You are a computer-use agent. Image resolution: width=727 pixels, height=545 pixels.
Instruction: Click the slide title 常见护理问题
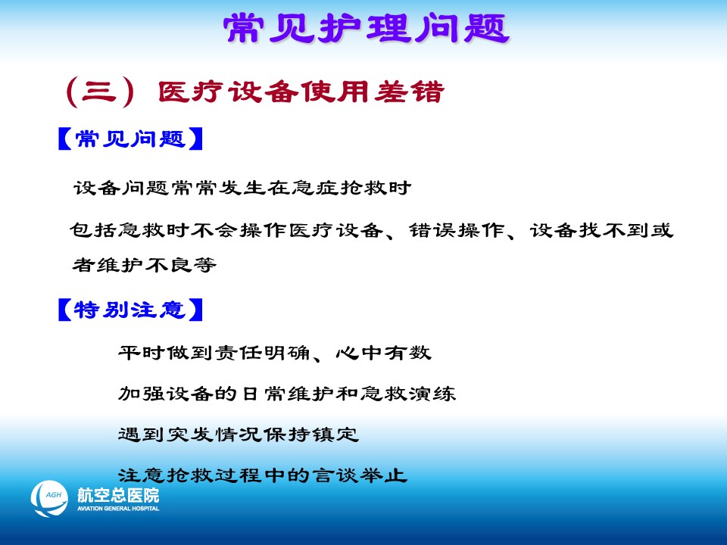367,28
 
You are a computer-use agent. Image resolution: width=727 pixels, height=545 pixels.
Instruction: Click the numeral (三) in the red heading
101,92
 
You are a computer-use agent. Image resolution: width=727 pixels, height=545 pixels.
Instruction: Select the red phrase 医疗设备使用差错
301,92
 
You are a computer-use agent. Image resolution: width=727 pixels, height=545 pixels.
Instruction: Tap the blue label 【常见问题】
131,139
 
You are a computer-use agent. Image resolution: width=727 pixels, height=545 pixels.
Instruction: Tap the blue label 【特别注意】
131,310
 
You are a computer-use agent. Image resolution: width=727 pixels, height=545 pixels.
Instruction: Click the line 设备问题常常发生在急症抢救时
242,188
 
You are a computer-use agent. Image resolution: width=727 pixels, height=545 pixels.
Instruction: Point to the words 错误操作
457,230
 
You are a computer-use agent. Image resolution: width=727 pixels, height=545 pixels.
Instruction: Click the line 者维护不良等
144,265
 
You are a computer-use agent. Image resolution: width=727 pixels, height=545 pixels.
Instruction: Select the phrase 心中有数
383,353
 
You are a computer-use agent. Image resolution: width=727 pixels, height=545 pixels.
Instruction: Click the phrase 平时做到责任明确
214,353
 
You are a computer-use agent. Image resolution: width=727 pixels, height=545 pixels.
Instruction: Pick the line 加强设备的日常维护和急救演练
287,394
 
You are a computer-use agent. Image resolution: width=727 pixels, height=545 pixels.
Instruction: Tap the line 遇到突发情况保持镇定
239,434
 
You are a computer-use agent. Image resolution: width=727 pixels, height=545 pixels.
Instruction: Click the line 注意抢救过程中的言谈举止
263,475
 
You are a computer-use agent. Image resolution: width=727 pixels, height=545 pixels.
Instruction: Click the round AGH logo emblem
49,499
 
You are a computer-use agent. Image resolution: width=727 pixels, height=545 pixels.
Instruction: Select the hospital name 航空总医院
118,495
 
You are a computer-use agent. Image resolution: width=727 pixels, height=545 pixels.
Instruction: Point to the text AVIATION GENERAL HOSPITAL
118,509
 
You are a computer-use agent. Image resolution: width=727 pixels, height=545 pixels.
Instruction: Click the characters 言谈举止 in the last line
360,475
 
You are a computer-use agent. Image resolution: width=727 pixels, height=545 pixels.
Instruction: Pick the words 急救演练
408,394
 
